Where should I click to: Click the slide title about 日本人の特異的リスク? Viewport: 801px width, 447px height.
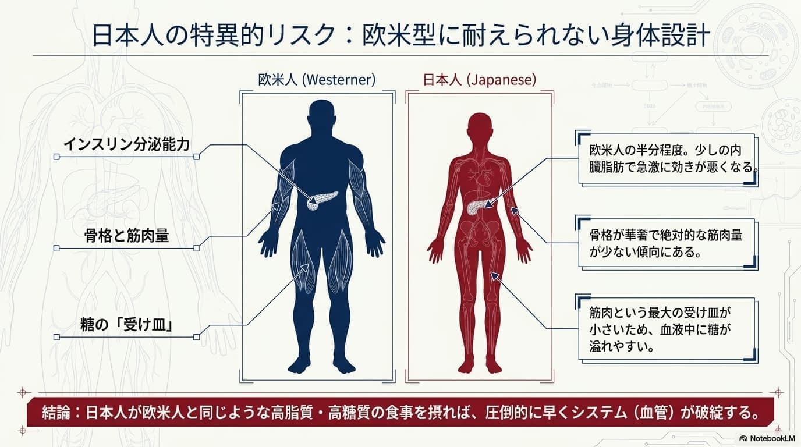pyautogui.click(x=400, y=36)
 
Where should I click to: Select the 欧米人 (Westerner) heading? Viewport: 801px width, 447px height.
pyautogui.click(x=317, y=79)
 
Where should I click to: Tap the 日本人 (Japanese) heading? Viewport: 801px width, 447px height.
pyautogui.click(x=480, y=79)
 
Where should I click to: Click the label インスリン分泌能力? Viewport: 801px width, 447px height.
pyautogui.click(x=126, y=144)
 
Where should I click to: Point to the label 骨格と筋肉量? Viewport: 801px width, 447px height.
pyautogui.click(x=126, y=236)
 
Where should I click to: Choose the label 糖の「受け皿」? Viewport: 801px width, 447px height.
pyautogui.click(x=126, y=325)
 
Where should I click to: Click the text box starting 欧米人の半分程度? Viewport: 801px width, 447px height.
pyautogui.click(x=667, y=159)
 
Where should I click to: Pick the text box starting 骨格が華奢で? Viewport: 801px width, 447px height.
pyautogui.click(x=667, y=243)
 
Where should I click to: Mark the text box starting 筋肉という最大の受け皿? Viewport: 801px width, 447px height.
pyautogui.click(x=667, y=329)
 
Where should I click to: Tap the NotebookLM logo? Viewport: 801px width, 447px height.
pyautogui.click(x=767, y=438)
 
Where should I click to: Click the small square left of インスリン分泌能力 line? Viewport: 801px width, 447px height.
pyautogui.click(x=56, y=157)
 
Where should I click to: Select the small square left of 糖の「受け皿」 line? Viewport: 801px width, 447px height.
pyautogui.click(x=56, y=337)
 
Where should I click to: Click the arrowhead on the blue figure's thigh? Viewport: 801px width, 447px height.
pyautogui.click(x=305, y=267)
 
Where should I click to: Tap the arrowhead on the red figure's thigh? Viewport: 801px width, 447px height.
pyautogui.click(x=494, y=276)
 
